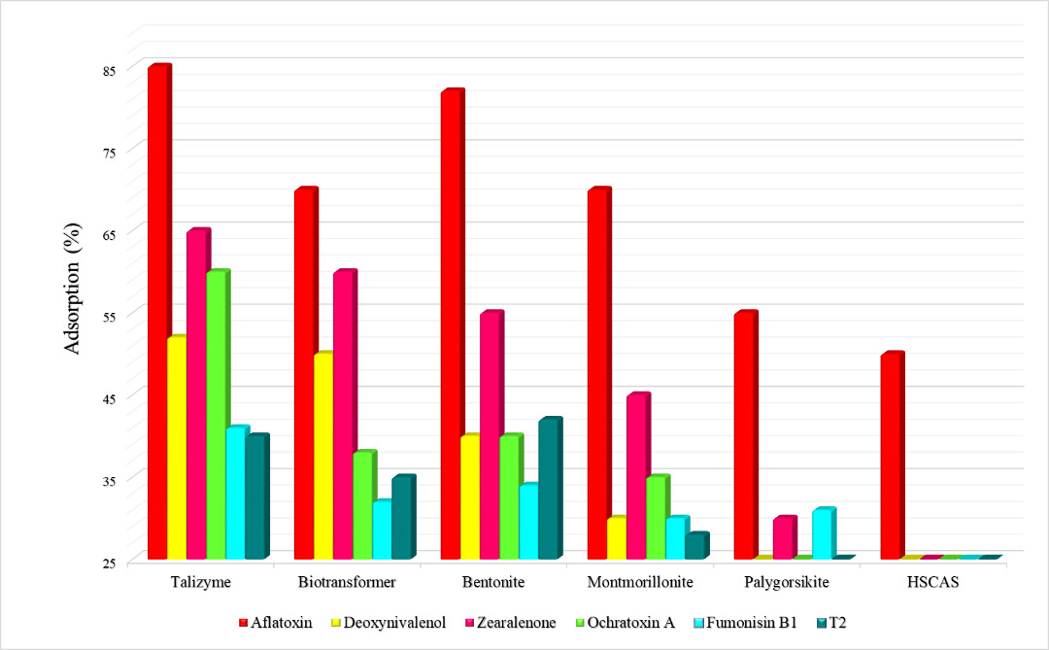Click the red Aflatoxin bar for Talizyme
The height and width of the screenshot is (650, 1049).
coord(158,311)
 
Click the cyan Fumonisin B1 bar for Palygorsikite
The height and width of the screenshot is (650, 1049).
coord(823,533)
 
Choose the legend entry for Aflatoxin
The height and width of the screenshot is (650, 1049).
coord(276,622)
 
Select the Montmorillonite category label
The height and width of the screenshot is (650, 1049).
coord(640,582)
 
